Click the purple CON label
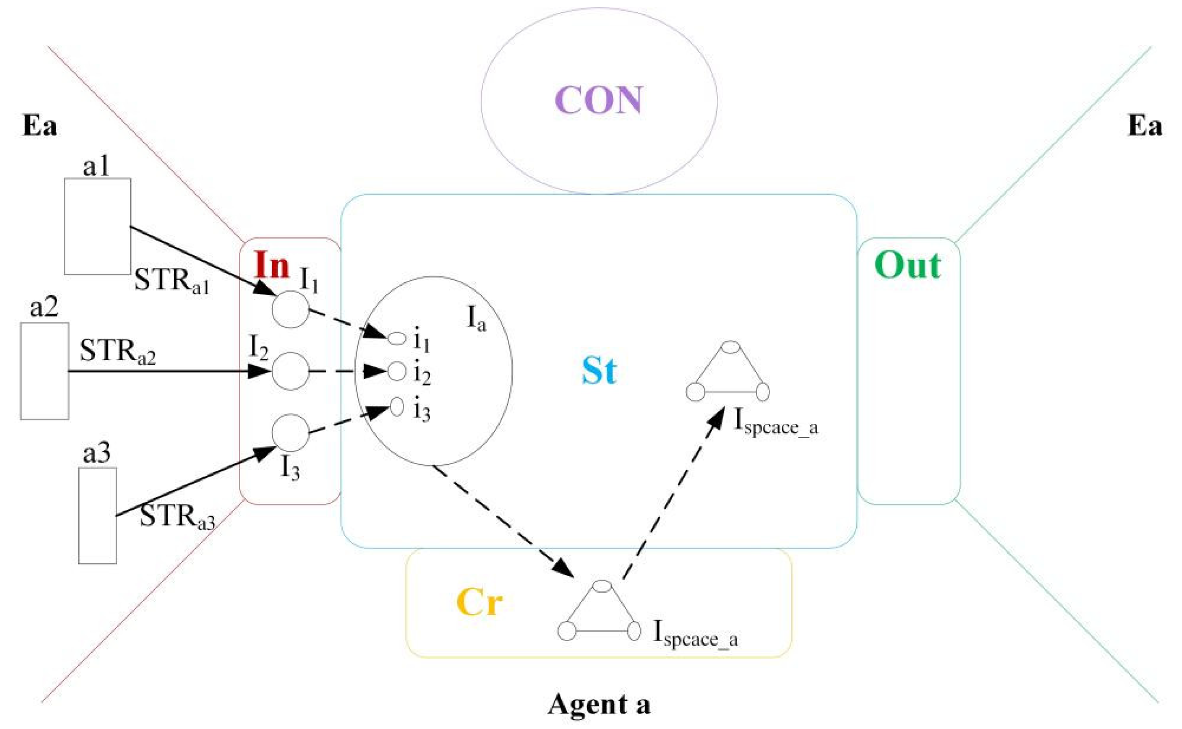coord(599,100)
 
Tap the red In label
coord(272,265)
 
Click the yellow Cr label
coord(479,602)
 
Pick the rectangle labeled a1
coord(98,226)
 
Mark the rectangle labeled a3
coord(98,516)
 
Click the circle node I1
coord(290,310)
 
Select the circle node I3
coord(290,432)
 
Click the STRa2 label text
coord(118,352)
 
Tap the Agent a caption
coord(598,704)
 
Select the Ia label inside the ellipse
coord(476,319)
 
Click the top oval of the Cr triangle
coord(602,586)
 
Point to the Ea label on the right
coord(1145,126)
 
